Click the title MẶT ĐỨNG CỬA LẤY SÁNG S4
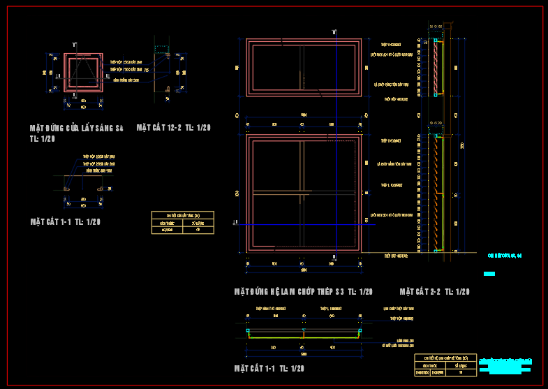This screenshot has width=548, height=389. coord(76,129)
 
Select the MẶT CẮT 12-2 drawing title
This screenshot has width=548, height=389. coord(174,128)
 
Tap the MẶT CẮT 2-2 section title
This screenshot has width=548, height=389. coord(434,291)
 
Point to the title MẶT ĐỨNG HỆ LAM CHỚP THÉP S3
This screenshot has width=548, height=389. coord(304,291)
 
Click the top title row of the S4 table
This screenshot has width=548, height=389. coord(183,215)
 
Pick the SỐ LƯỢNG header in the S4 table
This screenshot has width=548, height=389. coord(198,222)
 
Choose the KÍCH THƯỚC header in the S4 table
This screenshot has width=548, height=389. coord(168,222)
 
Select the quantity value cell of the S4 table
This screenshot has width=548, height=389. coord(198,229)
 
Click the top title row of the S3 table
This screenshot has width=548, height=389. coord(446,358)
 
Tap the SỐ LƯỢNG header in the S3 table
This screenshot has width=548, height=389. coord(461,365)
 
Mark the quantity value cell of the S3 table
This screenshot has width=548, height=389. coord(461,372)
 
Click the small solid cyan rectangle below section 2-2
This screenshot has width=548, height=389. coord(489,273)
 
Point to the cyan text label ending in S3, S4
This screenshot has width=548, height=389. coord(504,256)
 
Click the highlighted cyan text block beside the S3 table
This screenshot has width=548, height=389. coord(510,366)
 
